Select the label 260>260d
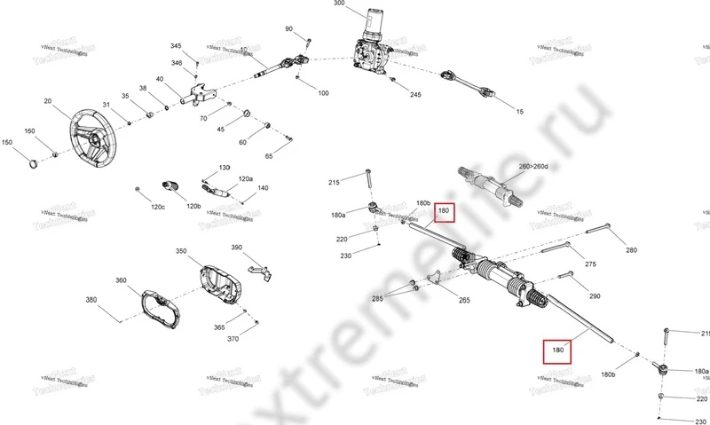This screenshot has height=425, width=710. click(x=535, y=167)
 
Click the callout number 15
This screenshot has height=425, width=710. click(x=520, y=112)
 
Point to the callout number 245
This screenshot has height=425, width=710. click(x=415, y=94)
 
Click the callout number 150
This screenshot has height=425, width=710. click(x=7, y=142)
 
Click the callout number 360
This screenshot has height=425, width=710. click(x=121, y=281)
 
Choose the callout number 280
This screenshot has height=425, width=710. click(x=631, y=251)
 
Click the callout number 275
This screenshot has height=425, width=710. click(x=590, y=264)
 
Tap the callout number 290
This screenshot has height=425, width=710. click(x=595, y=296)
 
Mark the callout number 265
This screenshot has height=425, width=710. click(x=464, y=301)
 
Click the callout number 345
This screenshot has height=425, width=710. click(x=176, y=45)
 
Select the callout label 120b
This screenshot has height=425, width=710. click(x=193, y=207)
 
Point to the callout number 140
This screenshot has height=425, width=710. click(x=263, y=188)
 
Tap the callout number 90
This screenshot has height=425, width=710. click(x=288, y=29)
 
